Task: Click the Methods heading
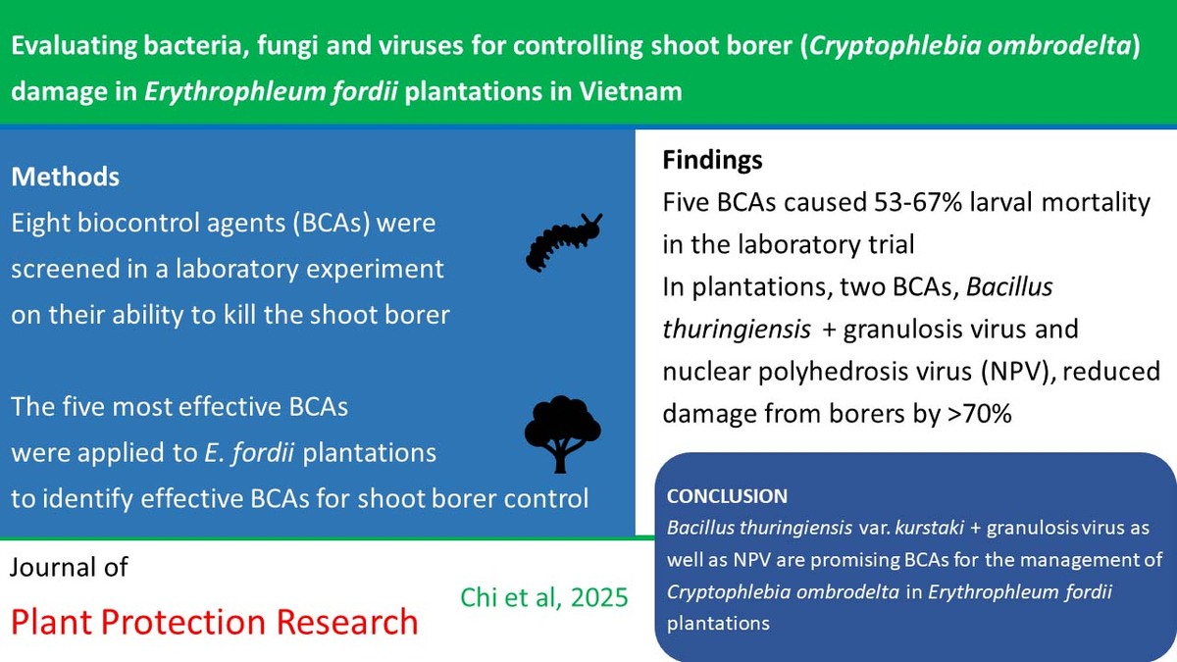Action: pos(65,177)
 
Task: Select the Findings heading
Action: pos(712,160)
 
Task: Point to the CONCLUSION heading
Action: pos(727,496)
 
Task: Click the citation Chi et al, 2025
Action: pos(543,597)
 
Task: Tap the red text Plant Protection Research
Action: pos(215,622)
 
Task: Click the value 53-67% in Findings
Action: pos(917,202)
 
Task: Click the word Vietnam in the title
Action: pos(631,91)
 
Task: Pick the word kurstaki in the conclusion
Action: pos(930,528)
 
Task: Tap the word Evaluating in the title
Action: pos(74,46)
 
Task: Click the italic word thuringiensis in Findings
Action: pos(737,330)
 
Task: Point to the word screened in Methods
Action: pos(65,269)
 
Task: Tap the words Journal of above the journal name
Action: pos(69,567)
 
